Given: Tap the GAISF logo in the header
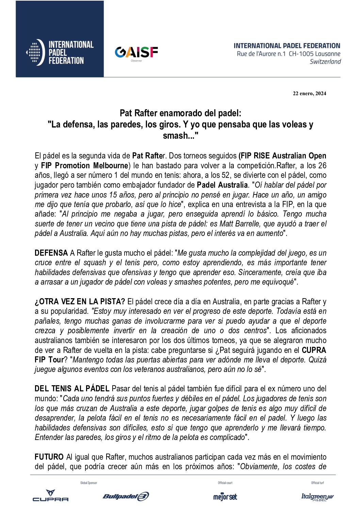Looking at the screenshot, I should [136, 52].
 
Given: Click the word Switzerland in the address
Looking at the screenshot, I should [325, 62].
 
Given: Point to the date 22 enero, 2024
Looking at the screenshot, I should [309, 94].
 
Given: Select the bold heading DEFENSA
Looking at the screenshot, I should [51, 253].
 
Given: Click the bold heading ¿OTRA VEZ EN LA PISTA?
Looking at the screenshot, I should [80, 301].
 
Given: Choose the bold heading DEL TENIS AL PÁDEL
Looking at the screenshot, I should [72, 388].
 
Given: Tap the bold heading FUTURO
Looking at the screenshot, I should [49, 457].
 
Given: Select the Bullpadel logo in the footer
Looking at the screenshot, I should [126, 496].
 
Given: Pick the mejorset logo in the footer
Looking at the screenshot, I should [225, 496].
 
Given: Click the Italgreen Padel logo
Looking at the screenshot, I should [317, 497].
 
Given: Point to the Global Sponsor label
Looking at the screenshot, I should [88, 482].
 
